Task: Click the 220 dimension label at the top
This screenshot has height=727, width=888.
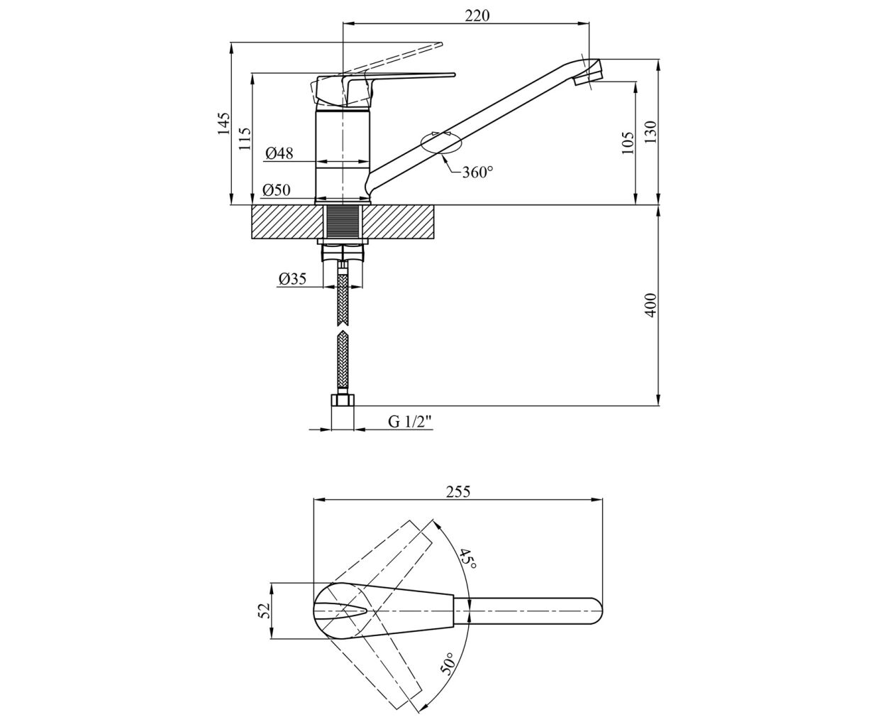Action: tap(477, 16)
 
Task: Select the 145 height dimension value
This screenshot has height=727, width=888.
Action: tap(223, 124)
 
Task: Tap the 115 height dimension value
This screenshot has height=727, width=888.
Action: tap(245, 138)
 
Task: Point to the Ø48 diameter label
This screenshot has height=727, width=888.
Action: tap(279, 153)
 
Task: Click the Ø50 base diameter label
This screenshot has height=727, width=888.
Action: tap(277, 190)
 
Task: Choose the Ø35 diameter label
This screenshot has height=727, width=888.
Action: tap(292, 278)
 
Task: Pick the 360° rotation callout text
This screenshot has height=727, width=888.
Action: tap(477, 172)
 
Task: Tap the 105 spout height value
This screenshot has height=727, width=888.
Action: tap(628, 143)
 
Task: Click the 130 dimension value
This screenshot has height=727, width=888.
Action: tap(650, 132)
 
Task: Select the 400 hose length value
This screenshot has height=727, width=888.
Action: tap(650, 305)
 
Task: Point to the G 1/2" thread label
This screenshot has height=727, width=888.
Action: tap(410, 422)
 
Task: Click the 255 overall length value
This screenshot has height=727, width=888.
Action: tap(458, 491)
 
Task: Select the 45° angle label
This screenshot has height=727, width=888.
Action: tap(467, 559)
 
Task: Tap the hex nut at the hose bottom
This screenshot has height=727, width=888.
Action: tap(343, 400)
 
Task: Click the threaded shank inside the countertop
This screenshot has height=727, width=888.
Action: tap(343, 222)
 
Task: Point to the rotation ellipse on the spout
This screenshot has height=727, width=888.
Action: tap(441, 143)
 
